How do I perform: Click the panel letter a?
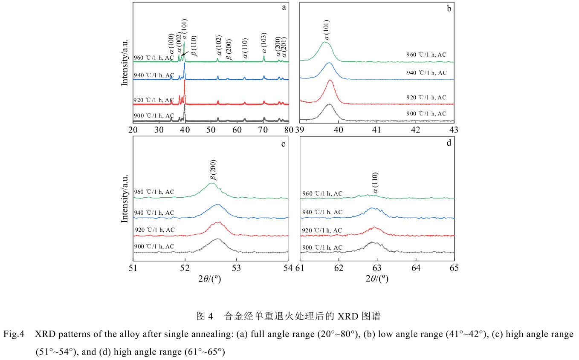284,8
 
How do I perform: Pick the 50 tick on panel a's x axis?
211,130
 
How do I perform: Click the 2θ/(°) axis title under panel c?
211,279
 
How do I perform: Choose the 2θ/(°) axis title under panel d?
377,279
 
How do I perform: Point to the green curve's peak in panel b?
325,42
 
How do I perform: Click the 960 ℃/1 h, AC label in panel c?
154,192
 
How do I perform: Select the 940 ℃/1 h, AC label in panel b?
426,73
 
